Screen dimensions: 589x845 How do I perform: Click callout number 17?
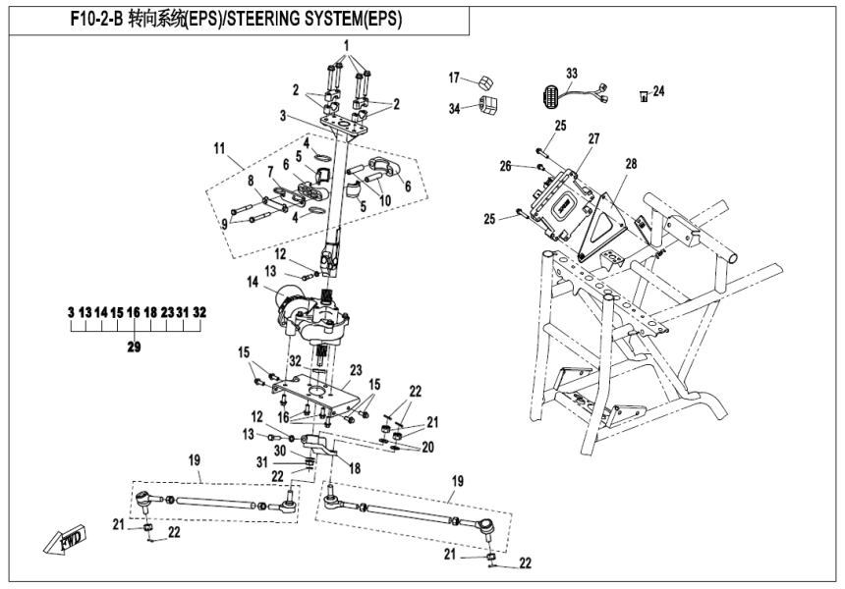click(454, 78)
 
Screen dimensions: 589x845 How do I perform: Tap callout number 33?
click(572, 73)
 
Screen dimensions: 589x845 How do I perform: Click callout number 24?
click(658, 91)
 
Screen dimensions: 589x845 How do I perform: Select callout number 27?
click(593, 138)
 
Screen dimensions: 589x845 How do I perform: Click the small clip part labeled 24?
click(644, 95)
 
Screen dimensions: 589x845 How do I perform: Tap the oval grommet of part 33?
click(550, 98)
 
